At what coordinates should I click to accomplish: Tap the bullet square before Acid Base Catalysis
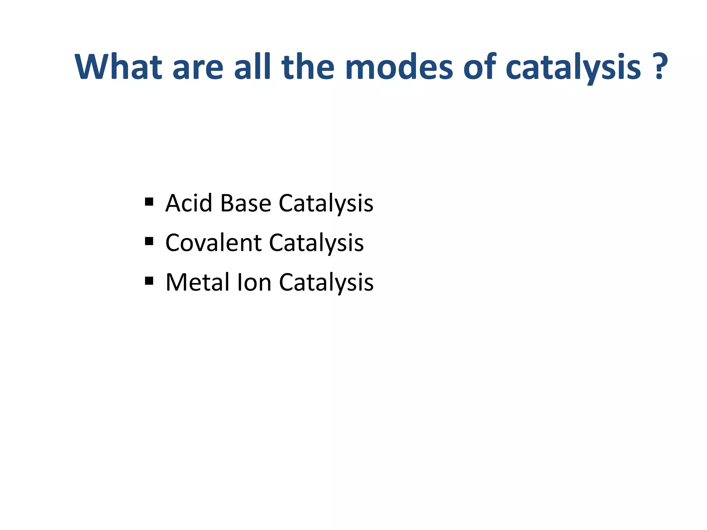point(149,202)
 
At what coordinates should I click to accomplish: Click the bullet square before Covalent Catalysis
point(149,241)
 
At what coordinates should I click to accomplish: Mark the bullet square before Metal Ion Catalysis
point(149,281)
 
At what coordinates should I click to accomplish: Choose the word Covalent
point(213,243)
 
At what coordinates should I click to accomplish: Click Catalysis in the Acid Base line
point(326,204)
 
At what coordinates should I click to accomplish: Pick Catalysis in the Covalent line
point(316,243)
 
